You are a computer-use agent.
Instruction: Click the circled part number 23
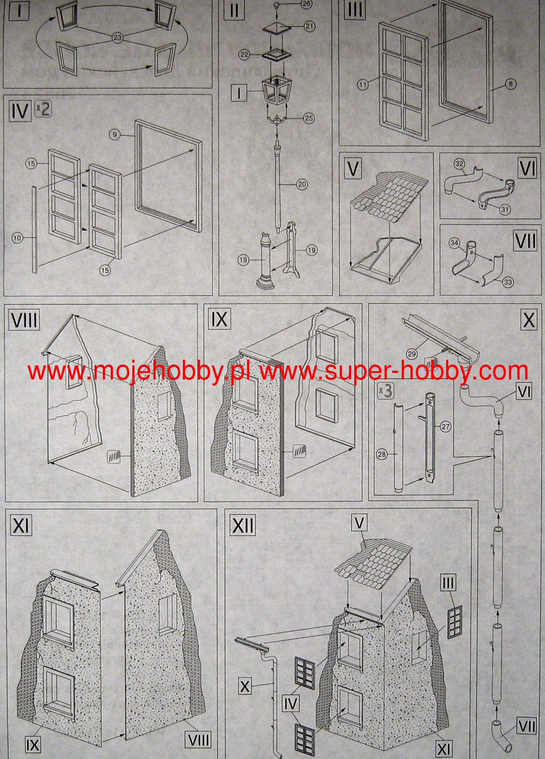[117, 38]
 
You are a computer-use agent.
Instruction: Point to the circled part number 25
[309, 118]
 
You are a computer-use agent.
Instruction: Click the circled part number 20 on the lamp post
[302, 185]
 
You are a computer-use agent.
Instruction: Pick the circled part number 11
[363, 86]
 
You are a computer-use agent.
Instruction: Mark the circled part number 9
[115, 135]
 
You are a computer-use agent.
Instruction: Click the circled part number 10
[17, 238]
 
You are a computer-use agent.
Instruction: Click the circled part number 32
[459, 164]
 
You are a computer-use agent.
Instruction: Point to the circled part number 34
[454, 243]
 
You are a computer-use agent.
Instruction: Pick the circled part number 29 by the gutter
[412, 353]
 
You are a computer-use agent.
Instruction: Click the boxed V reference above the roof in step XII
[360, 523]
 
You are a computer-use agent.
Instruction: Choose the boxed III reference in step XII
[448, 583]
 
